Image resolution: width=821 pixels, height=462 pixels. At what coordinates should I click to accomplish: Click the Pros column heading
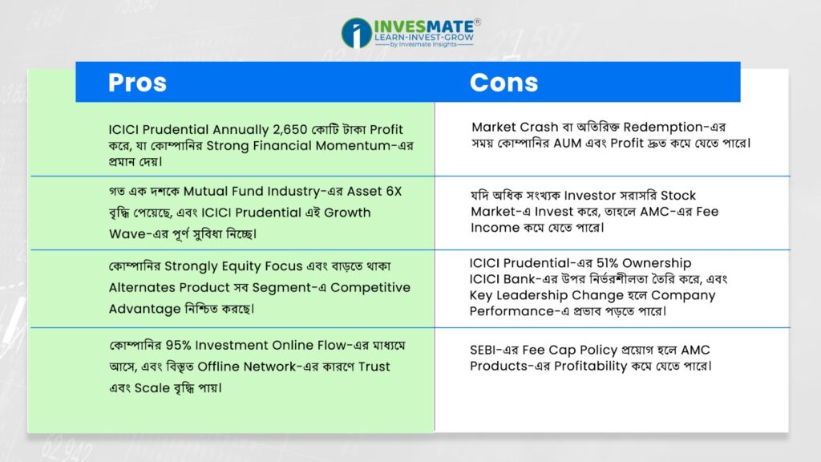(x=137, y=83)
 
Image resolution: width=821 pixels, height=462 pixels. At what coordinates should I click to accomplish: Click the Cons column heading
(x=504, y=83)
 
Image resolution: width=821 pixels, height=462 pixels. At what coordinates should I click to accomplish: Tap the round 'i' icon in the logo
(x=357, y=33)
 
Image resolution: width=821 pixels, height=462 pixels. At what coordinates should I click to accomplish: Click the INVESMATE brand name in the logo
(x=424, y=26)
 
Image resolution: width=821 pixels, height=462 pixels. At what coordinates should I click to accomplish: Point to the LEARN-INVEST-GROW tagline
(x=424, y=38)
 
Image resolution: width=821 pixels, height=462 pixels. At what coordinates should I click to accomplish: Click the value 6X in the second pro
(x=394, y=191)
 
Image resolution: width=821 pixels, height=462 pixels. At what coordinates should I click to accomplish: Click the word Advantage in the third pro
(x=144, y=309)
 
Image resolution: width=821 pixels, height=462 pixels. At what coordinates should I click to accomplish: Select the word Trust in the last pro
(x=374, y=367)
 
